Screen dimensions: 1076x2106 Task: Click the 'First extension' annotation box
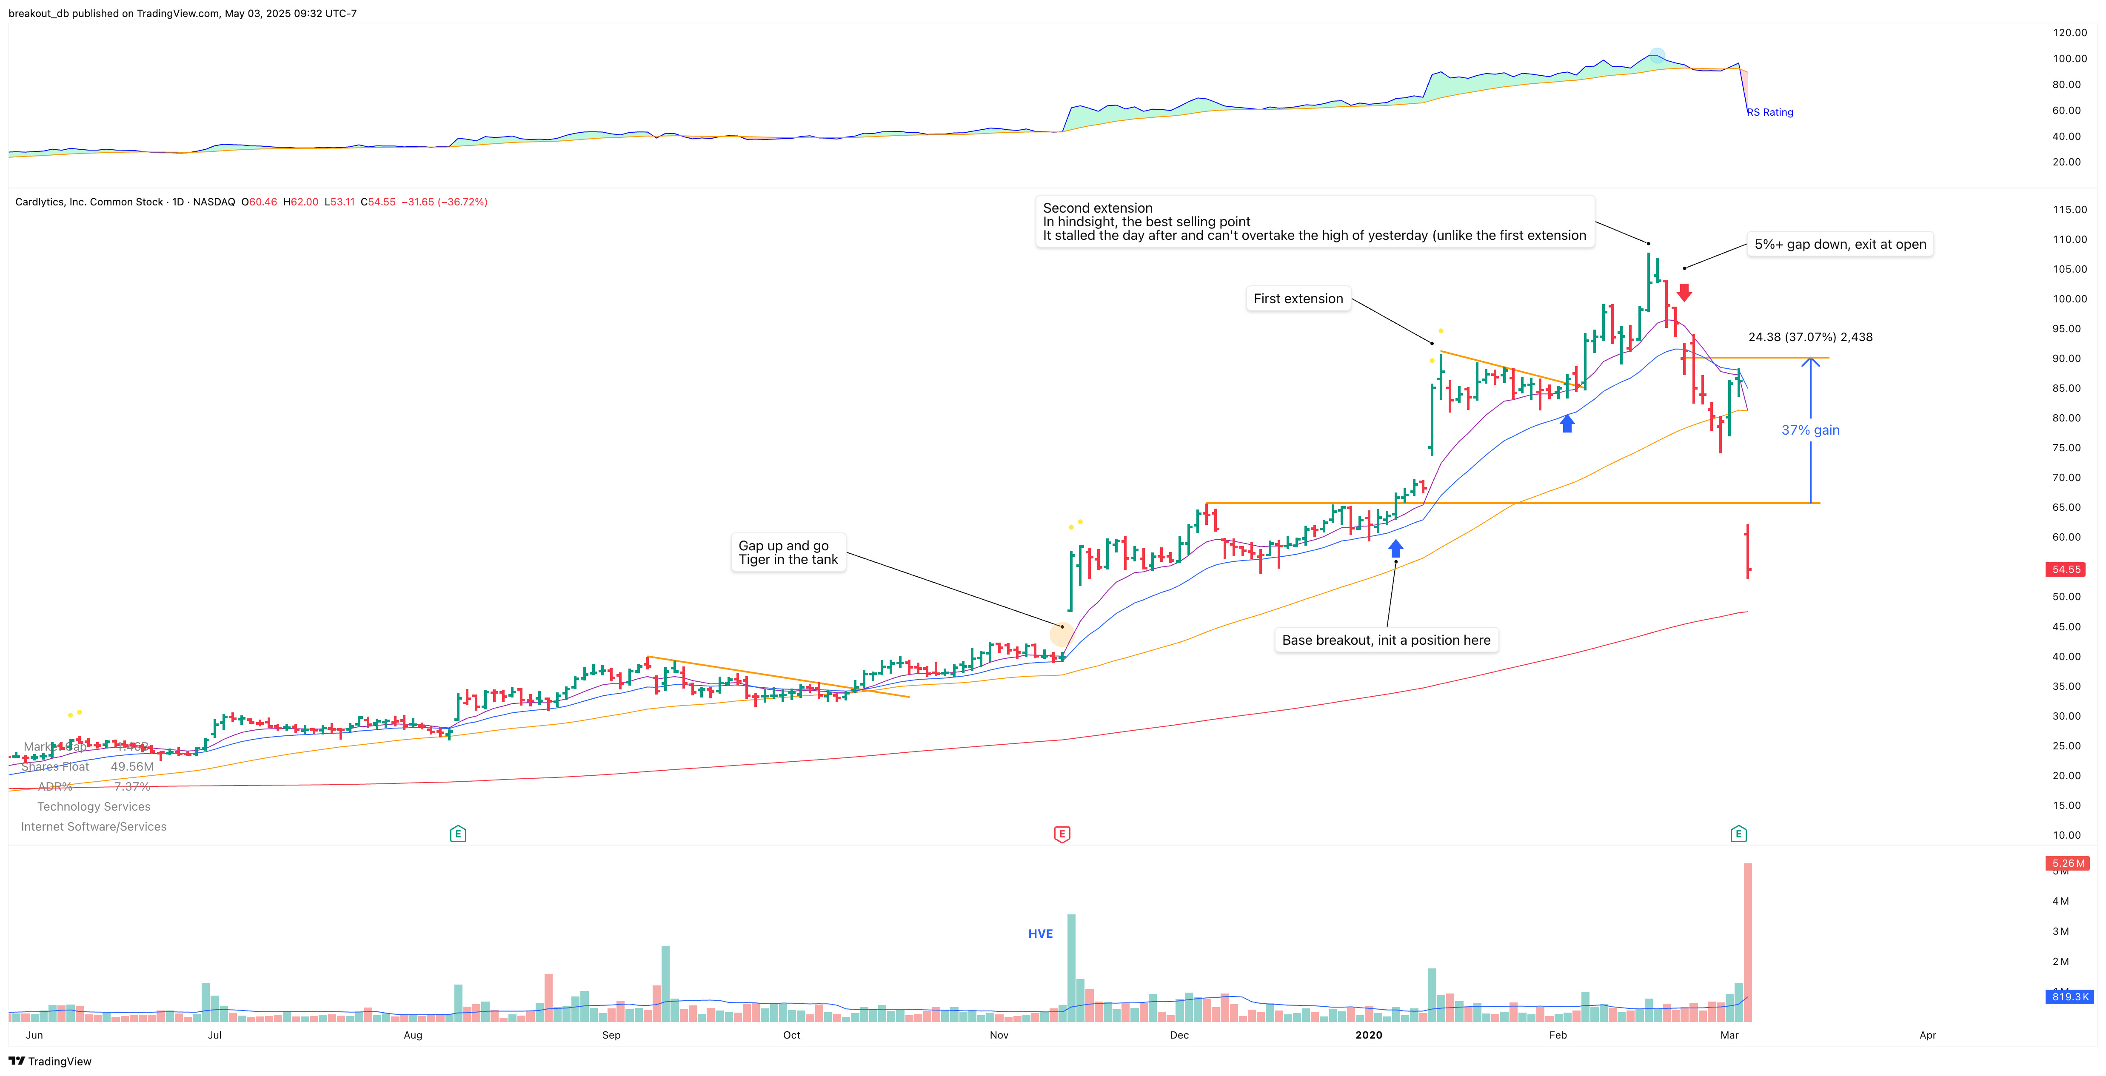[1298, 299]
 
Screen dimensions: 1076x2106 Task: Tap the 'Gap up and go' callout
[787, 552]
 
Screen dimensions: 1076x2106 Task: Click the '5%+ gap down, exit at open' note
[1840, 244]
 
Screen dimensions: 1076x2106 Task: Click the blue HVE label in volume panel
[1040, 934]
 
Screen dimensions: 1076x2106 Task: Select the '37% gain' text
[1810, 430]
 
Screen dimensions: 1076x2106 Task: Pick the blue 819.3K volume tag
[2069, 997]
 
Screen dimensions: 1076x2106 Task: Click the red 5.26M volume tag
[2068, 864]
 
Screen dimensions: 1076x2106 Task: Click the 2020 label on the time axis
[1369, 1035]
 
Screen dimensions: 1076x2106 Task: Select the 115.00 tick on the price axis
[2069, 210]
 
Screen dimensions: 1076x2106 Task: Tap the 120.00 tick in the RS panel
[2069, 33]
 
